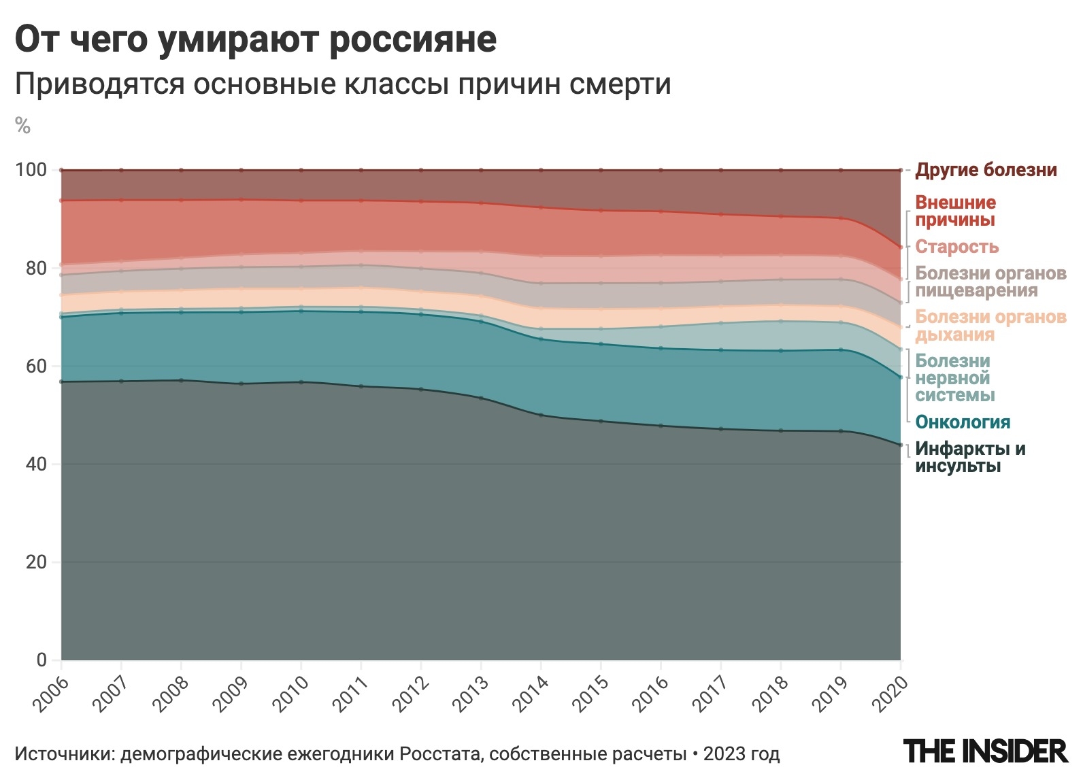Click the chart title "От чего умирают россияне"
pyautogui.click(x=256, y=39)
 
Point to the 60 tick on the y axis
pyautogui.click(x=35, y=367)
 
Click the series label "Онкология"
pyautogui.click(x=963, y=422)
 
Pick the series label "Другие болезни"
pyautogui.click(x=986, y=170)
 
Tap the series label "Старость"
pyautogui.click(x=956, y=247)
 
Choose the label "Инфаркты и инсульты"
pyautogui.click(x=970, y=458)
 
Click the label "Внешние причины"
pyautogui.click(x=955, y=211)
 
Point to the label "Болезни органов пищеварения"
pyautogui.click(x=990, y=282)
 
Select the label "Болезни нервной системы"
pyautogui.click(x=954, y=378)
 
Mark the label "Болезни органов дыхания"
pyautogui.click(x=990, y=326)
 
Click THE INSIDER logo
pyautogui.click(x=986, y=751)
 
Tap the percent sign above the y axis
pyautogui.click(x=22, y=126)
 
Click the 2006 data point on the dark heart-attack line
pyautogui.click(x=61, y=382)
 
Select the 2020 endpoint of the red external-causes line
pyautogui.click(x=901, y=248)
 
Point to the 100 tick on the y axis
pyautogui.click(x=31, y=170)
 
